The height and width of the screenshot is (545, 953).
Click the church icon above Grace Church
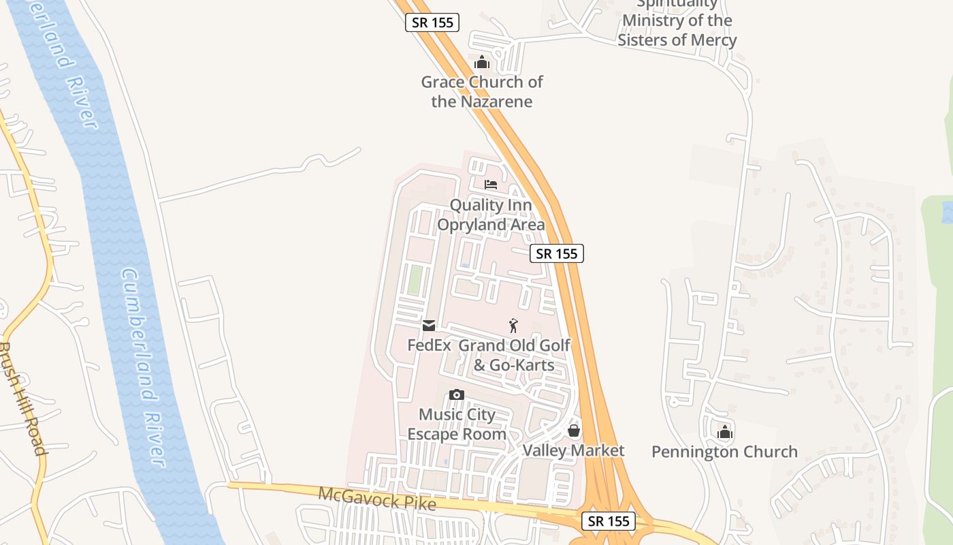pyautogui.click(x=482, y=63)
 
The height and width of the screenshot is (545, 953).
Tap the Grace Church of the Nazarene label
pyautogui.click(x=482, y=92)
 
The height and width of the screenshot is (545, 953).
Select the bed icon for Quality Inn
pyautogui.click(x=491, y=185)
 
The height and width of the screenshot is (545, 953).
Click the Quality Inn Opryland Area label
pyautogui.click(x=491, y=215)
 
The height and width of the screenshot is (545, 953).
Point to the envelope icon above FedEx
pyautogui.click(x=429, y=326)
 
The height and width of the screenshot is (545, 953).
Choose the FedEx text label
pyautogui.click(x=429, y=345)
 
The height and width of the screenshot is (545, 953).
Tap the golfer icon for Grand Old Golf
pyautogui.click(x=514, y=326)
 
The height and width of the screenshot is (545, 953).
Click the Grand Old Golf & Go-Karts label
pyautogui.click(x=514, y=355)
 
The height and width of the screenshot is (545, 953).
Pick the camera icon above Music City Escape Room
pyautogui.click(x=457, y=395)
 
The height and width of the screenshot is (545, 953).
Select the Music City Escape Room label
pyautogui.click(x=457, y=424)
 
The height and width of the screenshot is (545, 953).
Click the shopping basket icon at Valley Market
pyautogui.click(x=574, y=431)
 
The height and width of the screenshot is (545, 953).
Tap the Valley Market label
pyautogui.click(x=573, y=451)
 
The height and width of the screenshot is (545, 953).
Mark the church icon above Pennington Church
pyautogui.click(x=724, y=432)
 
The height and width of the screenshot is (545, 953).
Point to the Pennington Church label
pyautogui.click(x=724, y=452)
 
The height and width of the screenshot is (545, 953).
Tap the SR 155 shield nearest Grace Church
pyautogui.click(x=432, y=22)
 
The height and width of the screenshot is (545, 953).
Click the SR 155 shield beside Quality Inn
pyautogui.click(x=557, y=253)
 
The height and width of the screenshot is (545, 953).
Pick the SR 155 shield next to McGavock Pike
pyautogui.click(x=609, y=521)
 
